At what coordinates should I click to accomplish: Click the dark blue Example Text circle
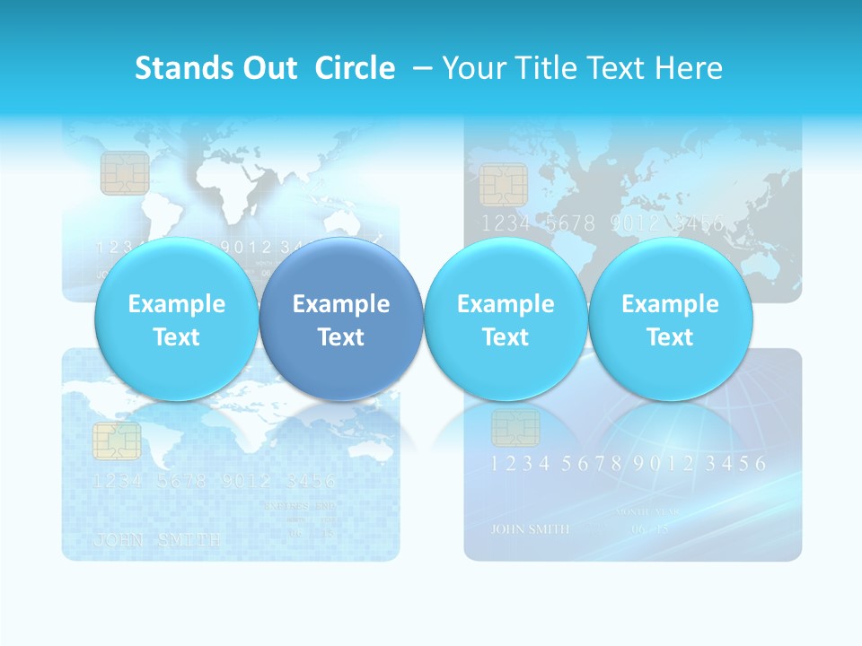[340, 319]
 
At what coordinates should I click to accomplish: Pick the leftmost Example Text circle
[176, 319]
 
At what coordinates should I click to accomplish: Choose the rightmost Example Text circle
[670, 319]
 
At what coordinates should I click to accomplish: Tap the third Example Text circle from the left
[506, 319]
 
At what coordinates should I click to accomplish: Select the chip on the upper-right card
[503, 185]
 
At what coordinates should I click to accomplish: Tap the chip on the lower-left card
[117, 441]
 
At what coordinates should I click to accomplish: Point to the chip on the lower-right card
[515, 427]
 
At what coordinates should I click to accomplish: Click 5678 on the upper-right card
[571, 223]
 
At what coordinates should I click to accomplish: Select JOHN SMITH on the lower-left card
[157, 540]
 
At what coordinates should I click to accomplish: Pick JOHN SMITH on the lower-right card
[530, 528]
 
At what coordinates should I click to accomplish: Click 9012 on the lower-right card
[664, 464]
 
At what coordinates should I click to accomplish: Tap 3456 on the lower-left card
[306, 481]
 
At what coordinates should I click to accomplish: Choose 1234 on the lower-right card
[520, 464]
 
